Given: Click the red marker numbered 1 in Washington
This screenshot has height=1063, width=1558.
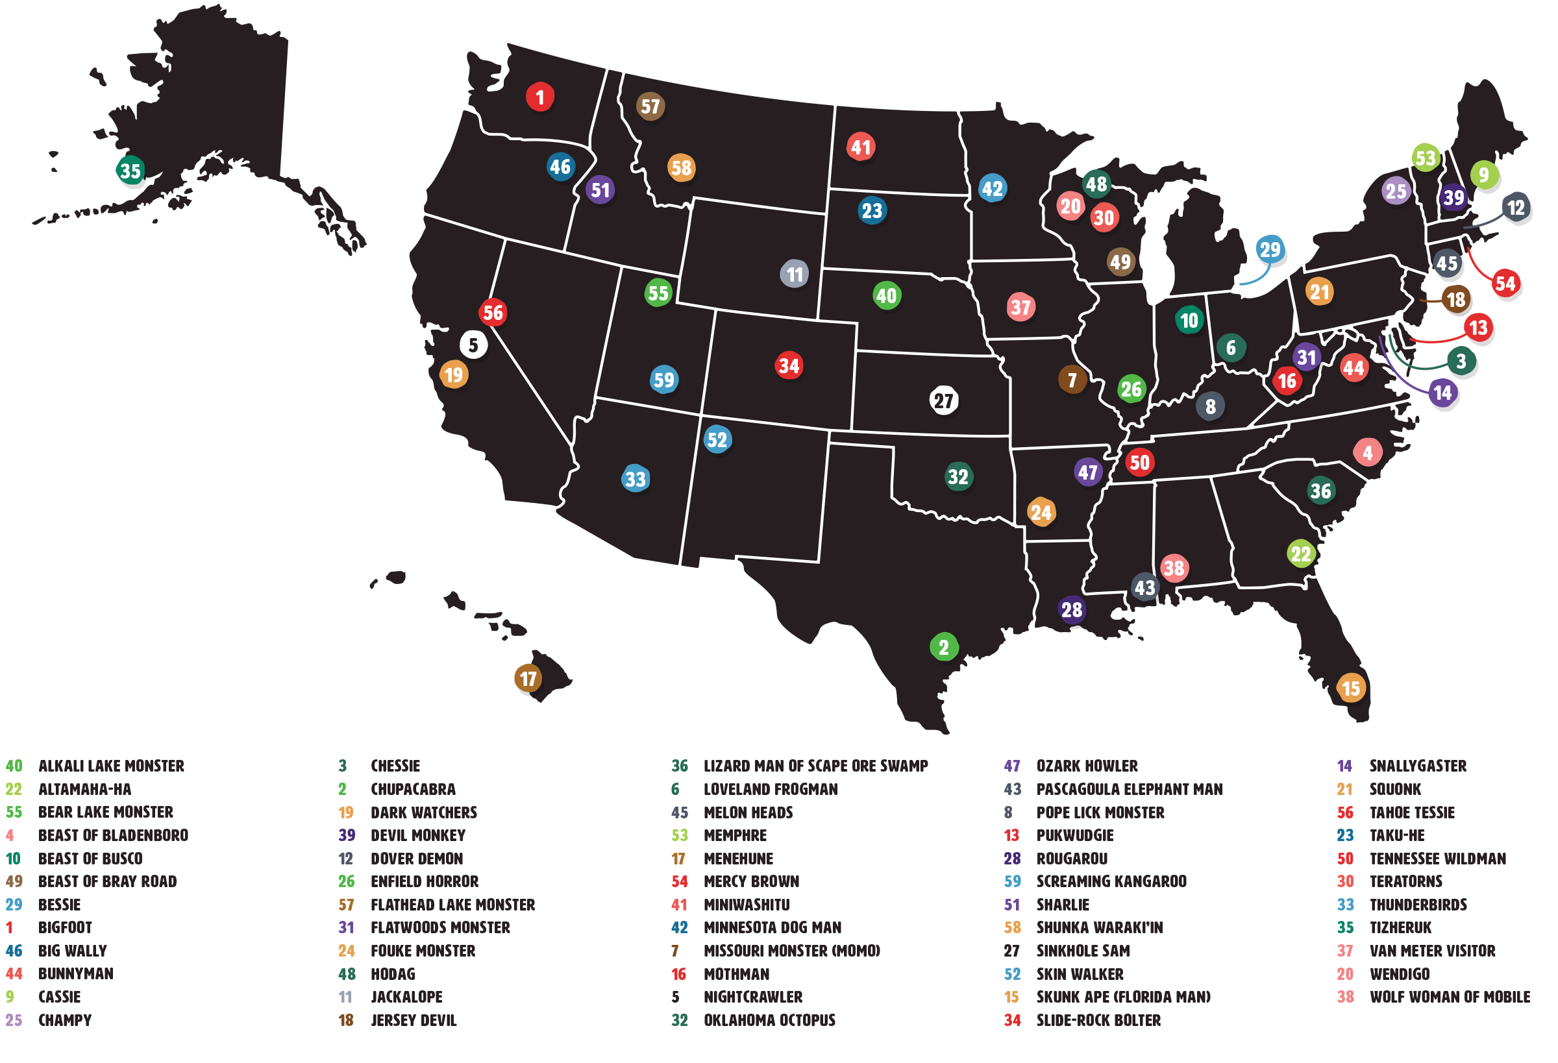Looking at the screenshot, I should tap(539, 97).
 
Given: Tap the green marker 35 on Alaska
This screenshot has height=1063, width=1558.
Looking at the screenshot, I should tap(130, 170).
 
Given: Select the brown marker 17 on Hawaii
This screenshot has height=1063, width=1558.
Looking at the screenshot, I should tap(528, 678).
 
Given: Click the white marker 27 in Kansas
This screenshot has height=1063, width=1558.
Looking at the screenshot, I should tap(943, 400).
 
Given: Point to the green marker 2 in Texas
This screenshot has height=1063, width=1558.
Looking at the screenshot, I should tap(943, 647).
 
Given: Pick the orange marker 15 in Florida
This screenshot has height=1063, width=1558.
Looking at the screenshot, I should tap(1350, 688).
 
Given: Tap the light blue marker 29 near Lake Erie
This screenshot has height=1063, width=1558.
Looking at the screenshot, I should tap(1269, 249).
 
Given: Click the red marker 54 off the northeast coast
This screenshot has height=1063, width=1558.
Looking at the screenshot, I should tap(1504, 283).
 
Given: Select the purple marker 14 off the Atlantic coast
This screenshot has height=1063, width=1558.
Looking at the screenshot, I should tap(1442, 392).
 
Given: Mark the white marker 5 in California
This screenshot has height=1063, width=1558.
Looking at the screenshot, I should tap(473, 345).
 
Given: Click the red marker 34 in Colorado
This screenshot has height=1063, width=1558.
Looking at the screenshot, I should tap(788, 365).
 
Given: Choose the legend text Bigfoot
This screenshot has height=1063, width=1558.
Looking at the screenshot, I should tap(65, 927).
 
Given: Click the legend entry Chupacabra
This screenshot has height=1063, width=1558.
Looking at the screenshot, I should tap(413, 789).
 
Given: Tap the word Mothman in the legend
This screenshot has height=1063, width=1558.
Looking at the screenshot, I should tap(736, 974).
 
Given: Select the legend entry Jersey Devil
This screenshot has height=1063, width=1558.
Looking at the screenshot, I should tap(414, 1020).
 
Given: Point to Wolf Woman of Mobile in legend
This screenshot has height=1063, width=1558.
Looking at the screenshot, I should tap(1450, 997).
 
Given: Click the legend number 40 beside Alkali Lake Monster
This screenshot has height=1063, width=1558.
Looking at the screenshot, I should tap(14, 765).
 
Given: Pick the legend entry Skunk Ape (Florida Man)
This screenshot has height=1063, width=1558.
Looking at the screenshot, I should tap(1123, 997).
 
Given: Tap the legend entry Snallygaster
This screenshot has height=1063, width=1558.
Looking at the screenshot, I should tap(1417, 765).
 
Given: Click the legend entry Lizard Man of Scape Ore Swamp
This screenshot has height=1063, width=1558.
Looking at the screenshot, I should tap(815, 765).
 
